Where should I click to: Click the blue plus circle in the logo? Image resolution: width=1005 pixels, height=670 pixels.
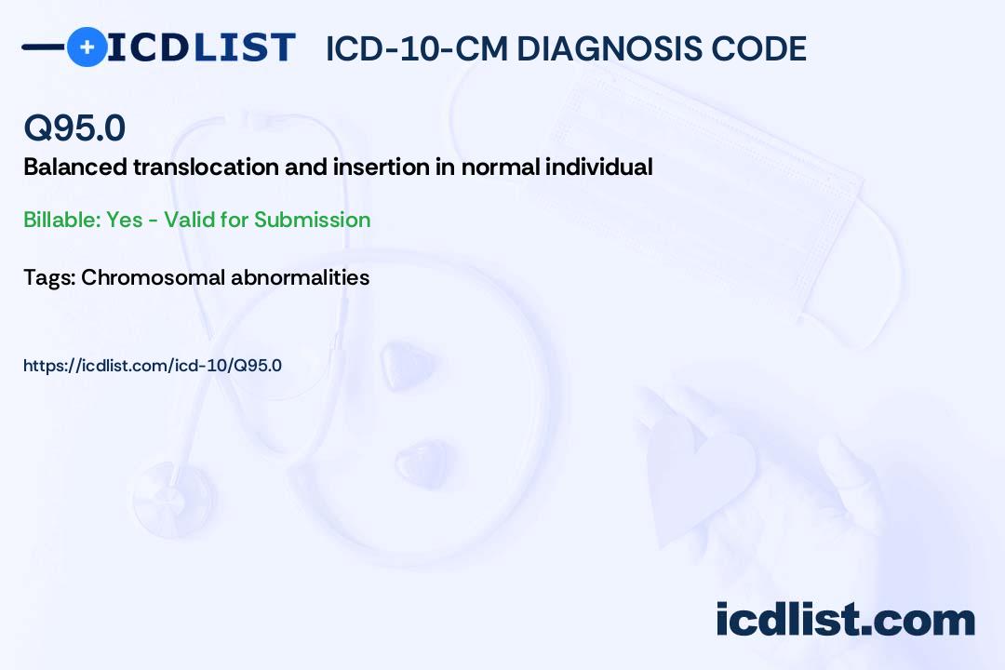(x=87, y=47)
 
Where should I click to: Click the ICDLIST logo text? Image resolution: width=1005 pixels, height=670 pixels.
(x=201, y=47)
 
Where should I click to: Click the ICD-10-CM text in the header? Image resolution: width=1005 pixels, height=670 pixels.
(x=417, y=48)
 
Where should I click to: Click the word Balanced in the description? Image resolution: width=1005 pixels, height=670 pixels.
(x=75, y=167)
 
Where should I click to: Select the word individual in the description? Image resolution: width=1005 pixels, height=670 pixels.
(x=598, y=167)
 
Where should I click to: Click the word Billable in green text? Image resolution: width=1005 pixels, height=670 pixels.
(x=62, y=220)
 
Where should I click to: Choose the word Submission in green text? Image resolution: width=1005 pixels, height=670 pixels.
(x=312, y=220)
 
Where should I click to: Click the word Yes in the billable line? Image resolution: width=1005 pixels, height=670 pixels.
(x=125, y=220)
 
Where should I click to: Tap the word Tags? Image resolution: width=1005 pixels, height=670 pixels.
(x=49, y=277)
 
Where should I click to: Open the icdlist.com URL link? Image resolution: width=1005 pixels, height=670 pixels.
(x=153, y=366)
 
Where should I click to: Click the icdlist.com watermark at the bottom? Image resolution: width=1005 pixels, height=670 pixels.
(x=845, y=619)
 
